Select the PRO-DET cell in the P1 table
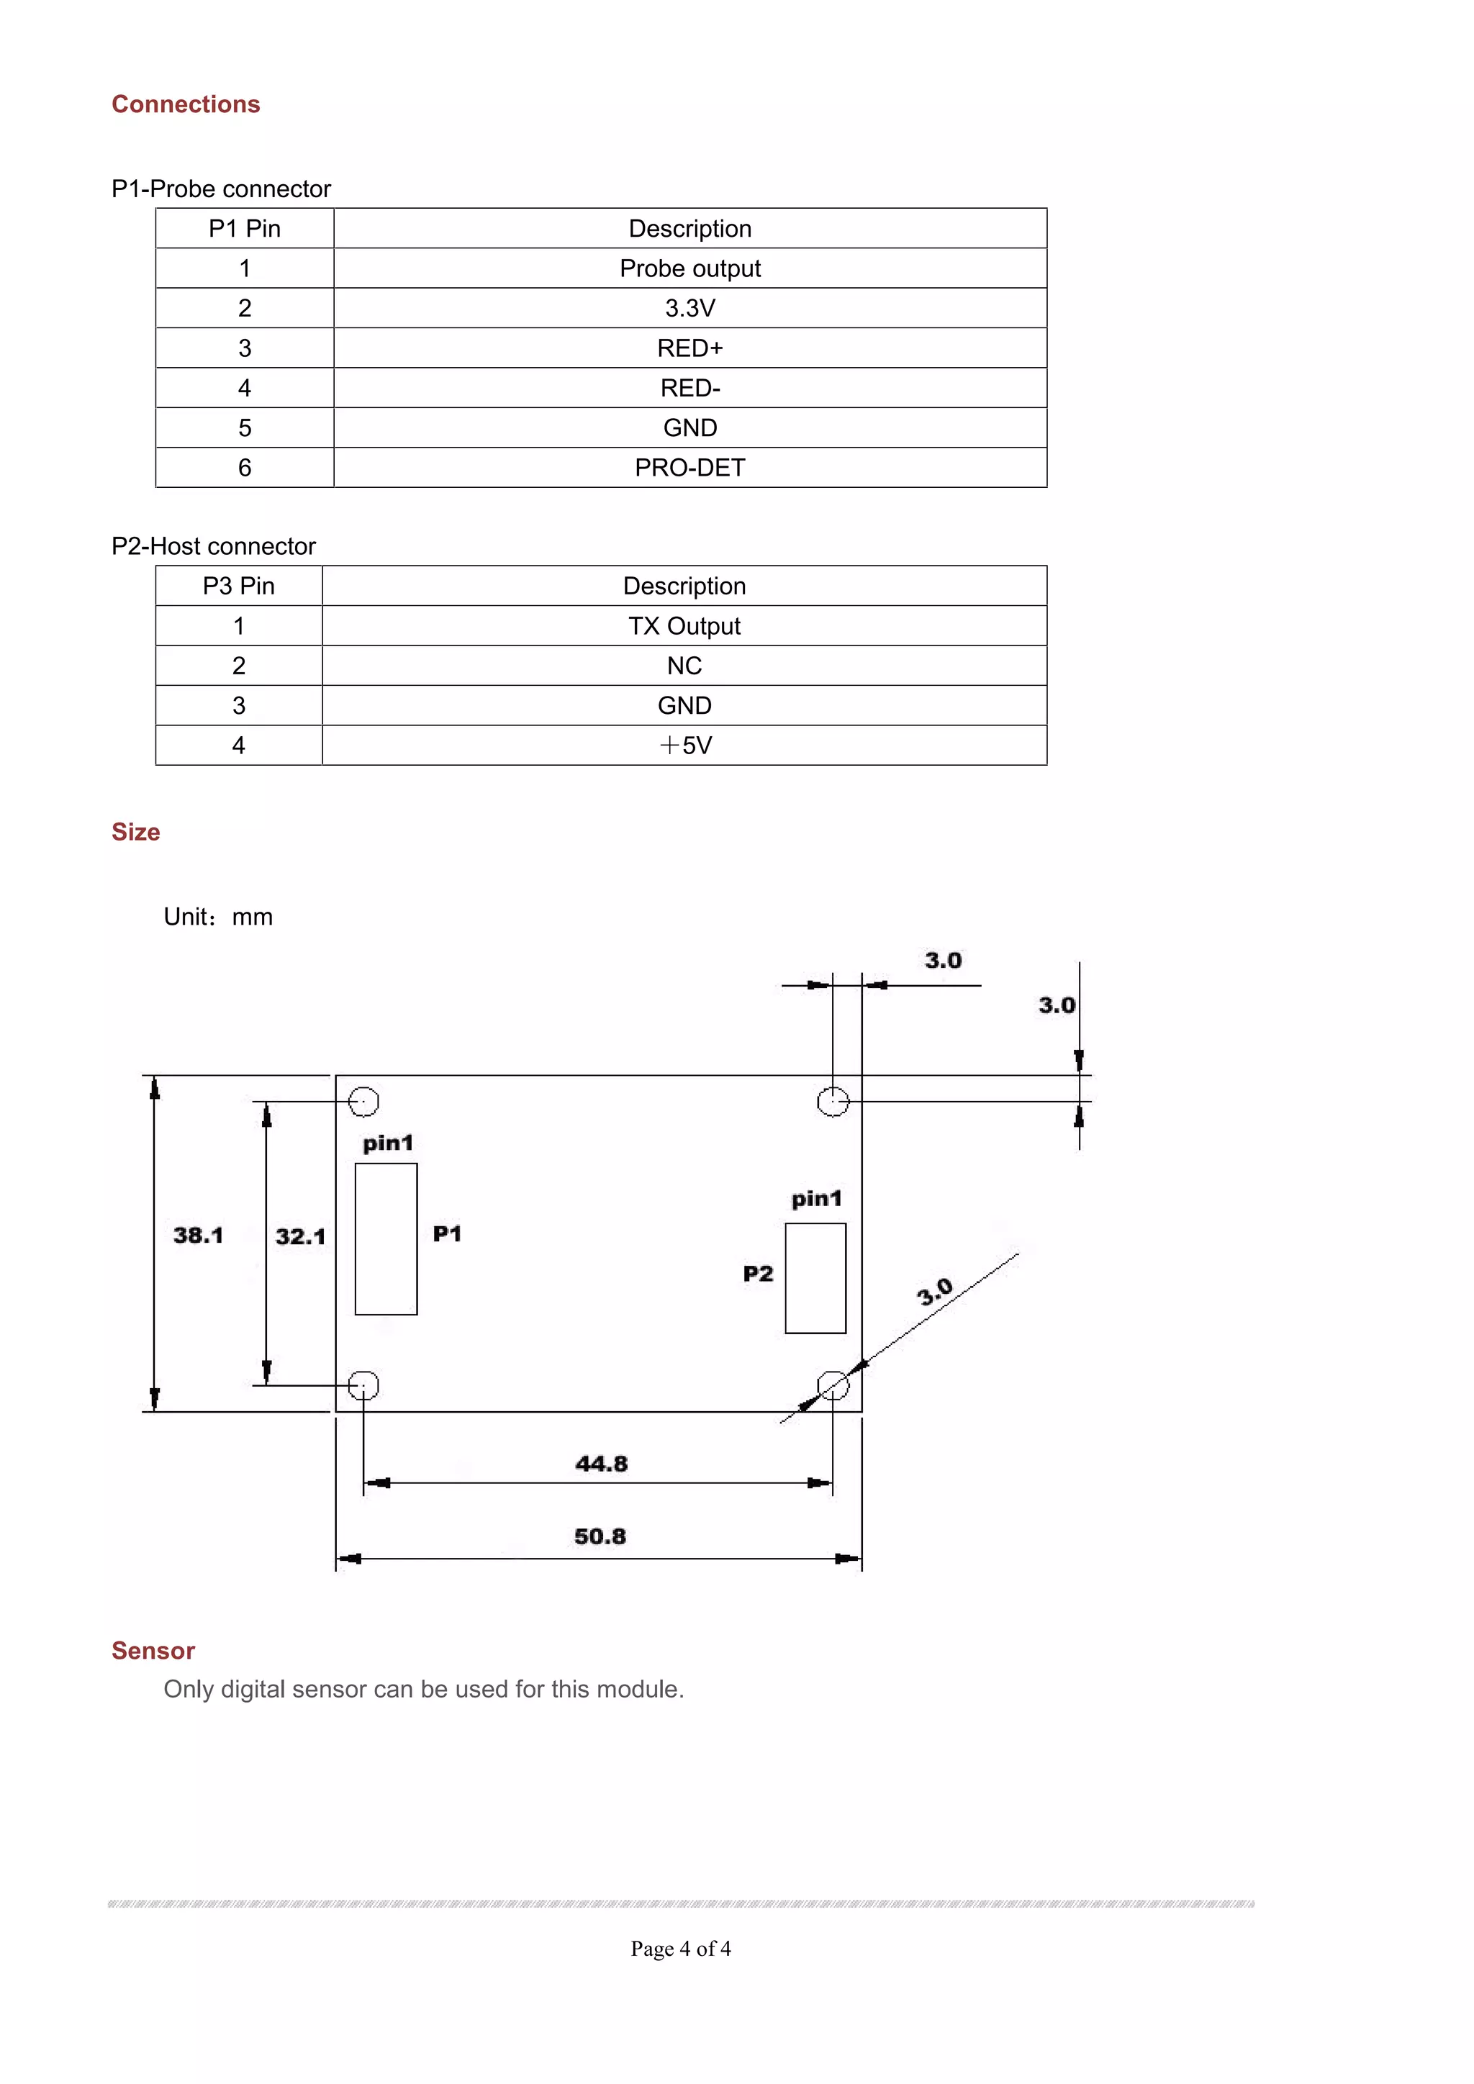tap(689, 468)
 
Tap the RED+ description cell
tap(689, 348)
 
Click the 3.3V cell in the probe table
tap(689, 308)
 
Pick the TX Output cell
tap(684, 625)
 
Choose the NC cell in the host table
tap(684, 666)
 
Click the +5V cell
tap(684, 746)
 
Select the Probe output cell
tap(689, 268)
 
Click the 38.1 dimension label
tap(198, 1236)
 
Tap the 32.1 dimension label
tap(299, 1236)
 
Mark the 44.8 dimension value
tap(601, 1463)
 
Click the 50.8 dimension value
tap(600, 1536)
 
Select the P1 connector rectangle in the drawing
tap(386, 1238)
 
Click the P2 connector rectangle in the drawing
tap(815, 1278)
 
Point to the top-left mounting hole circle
tap(363, 1101)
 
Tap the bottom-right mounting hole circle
tap(832, 1385)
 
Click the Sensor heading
tap(153, 1650)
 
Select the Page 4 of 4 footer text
tap(681, 1948)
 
